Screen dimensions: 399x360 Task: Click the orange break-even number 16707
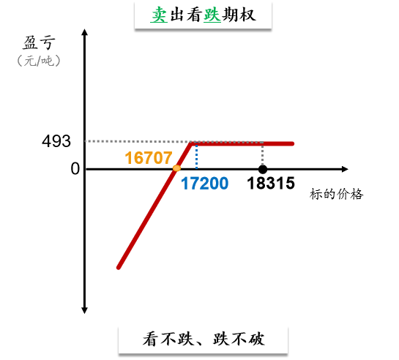tap(149, 157)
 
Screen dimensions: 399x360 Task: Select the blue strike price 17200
tap(204, 183)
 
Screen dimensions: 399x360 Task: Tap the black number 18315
tap(271, 183)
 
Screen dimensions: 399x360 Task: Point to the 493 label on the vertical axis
tap(56, 141)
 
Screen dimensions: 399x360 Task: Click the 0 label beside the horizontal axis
tap(75, 168)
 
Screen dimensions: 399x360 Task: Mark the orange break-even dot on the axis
tap(176, 168)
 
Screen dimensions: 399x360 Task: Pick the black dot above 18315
tap(263, 169)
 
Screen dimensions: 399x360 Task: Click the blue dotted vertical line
tap(196, 157)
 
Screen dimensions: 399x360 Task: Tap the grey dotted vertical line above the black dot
tap(263, 155)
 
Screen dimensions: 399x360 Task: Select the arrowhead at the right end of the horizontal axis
tap(345, 169)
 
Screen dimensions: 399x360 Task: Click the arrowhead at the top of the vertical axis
tap(85, 32)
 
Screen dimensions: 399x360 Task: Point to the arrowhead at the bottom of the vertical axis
tap(85, 310)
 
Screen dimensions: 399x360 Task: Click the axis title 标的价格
tap(336, 194)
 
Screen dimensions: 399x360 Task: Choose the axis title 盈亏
tap(39, 42)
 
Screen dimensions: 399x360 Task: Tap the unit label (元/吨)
tap(39, 61)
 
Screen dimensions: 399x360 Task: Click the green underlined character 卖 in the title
tap(159, 15)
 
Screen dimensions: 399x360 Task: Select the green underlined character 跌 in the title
tap(212, 15)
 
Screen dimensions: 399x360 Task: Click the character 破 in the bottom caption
tap(256, 340)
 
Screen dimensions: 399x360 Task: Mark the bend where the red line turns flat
tap(191, 144)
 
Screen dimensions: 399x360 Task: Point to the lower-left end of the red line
tap(119, 268)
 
